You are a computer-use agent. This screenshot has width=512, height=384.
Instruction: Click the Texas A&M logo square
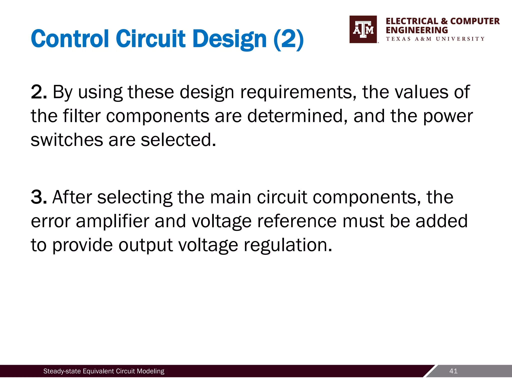coord(363,29)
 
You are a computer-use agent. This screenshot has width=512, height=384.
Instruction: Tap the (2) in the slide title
coord(288,39)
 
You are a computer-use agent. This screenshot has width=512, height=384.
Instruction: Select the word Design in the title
coord(230,39)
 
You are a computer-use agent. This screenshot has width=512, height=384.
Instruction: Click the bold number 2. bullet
coord(39,92)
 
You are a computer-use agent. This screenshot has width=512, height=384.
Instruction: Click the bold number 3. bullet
coord(39,197)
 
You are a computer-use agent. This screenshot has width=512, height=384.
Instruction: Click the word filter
coord(82,116)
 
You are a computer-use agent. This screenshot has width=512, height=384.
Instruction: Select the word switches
coord(67,140)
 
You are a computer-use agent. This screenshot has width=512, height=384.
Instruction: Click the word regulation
coord(288,245)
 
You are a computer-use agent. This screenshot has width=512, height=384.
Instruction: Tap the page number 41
coord(453,371)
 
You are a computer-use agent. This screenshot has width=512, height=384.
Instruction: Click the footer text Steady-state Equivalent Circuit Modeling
coord(104,371)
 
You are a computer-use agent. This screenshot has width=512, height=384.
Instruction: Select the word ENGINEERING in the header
coord(417,30)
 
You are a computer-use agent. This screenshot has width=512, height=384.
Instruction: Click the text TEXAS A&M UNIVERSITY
coord(435,39)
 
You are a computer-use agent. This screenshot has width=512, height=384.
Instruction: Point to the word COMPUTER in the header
coord(475,21)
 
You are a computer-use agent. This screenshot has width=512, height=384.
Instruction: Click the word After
coord(72,197)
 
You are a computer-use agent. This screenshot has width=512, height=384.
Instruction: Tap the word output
coord(145,245)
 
